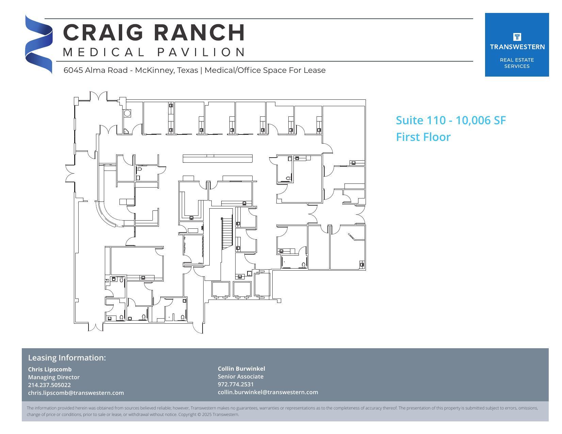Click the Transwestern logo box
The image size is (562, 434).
[516, 45]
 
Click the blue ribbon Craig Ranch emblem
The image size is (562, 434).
[38, 44]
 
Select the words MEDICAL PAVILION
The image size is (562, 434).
[154, 52]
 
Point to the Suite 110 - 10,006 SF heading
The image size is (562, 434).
[451, 120]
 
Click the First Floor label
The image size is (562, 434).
[423, 137]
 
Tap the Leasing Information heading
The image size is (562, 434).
[67, 358]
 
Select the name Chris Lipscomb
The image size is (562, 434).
[50, 369]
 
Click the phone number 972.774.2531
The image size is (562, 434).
[236, 384]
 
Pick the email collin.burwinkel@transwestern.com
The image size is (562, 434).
[268, 392]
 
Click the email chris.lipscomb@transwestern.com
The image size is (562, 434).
[76, 393]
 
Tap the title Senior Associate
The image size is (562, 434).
[240, 376]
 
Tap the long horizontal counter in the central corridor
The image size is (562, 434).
[218, 159]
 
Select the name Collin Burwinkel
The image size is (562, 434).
[241, 369]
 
